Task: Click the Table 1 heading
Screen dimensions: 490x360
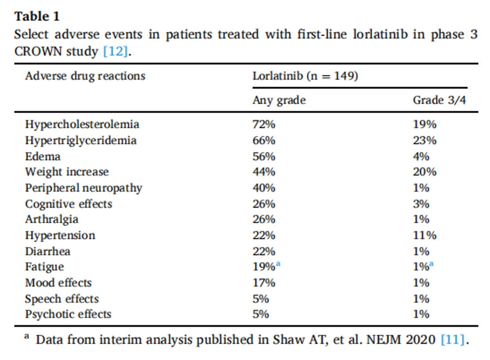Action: (37, 16)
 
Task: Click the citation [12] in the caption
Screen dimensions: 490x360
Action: (116, 51)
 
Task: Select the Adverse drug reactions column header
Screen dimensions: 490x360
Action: (85, 76)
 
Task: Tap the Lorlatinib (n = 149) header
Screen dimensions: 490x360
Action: (305, 76)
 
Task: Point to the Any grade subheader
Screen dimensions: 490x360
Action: (279, 101)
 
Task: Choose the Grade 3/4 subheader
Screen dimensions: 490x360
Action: (440, 101)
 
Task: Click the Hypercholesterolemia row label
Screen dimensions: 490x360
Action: (82, 124)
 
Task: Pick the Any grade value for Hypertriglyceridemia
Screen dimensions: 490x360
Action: (264, 140)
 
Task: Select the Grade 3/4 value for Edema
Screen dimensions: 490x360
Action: (421, 156)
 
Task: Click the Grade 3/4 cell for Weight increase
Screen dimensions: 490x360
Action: (424, 172)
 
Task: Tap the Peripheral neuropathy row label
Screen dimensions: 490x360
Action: (84, 188)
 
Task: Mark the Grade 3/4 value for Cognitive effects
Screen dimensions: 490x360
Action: (421, 204)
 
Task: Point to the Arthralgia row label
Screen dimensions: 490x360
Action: (51, 219)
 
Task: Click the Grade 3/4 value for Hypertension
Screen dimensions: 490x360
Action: (424, 235)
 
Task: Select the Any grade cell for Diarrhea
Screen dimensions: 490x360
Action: (264, 251)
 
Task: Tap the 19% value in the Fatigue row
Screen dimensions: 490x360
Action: (264, 267)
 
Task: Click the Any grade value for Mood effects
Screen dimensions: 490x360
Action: (264, 283)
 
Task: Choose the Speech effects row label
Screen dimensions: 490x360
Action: (62, 299)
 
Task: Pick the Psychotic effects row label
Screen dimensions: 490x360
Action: (68, 314)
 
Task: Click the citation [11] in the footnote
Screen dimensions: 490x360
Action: (453, 340)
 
